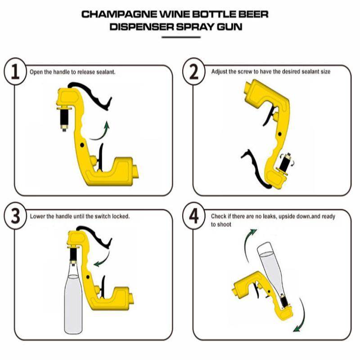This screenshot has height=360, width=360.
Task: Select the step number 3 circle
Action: [15, 216]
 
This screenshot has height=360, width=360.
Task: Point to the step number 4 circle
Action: [194, 216]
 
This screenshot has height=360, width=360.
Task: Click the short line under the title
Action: [180, 37]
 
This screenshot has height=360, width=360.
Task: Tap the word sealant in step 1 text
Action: [106, 72]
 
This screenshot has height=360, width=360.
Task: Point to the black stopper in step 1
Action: [63, 117]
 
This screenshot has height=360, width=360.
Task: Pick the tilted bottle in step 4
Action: [270, 270]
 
